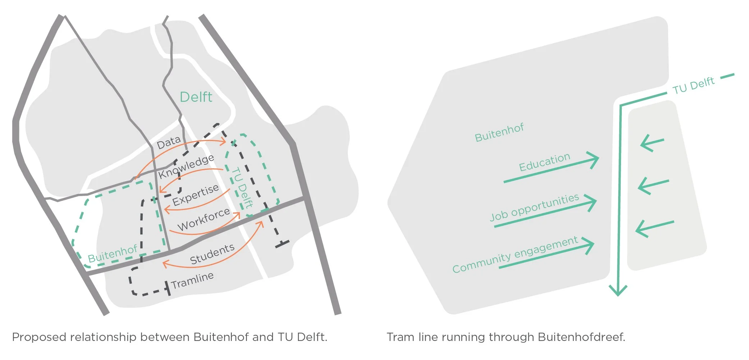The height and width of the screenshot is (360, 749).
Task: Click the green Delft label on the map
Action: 196,97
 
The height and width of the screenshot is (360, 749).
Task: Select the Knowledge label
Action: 186,166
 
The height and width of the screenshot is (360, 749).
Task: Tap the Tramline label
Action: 192,281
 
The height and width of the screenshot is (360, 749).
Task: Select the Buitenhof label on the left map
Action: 112,254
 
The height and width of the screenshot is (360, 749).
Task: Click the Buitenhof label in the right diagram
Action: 499,133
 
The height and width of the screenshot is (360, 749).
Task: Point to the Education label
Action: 544,162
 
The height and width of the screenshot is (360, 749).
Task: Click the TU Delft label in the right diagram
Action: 693,85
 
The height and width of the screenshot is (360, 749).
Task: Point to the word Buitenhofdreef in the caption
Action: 582,337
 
